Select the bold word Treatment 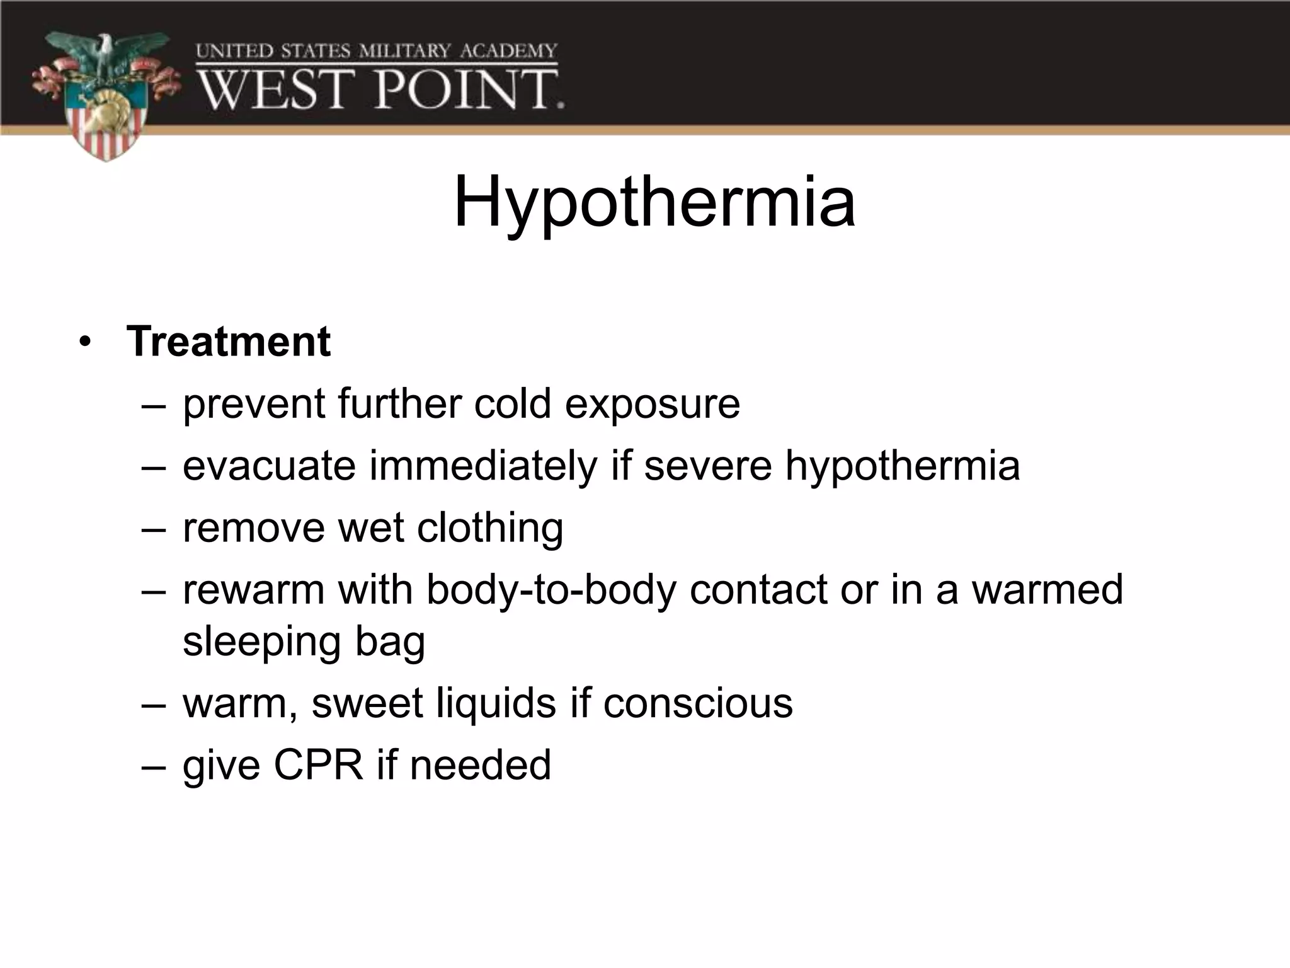(x=228, y=342)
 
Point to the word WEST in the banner (x=273, y=90)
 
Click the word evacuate (x=269, y=466)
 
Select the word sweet (x=367, y=703)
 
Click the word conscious (x=698, y=703)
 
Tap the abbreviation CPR (x=318, y=765)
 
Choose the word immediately (x=483, y=466)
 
